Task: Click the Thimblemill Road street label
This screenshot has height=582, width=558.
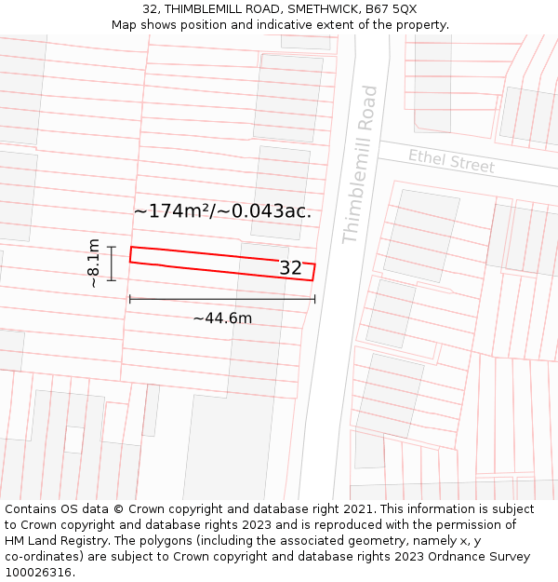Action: click(x=360, y=165)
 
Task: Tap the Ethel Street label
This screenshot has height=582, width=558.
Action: click(x=451, y=160)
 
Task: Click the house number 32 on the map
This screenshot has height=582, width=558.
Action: click(x=291, y=268)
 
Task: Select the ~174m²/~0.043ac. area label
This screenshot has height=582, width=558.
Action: click(x=222, y=211)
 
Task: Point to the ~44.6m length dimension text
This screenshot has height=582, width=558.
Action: click(x=222, y=318)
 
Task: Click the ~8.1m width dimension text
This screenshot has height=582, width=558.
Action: click(x=93, y=263)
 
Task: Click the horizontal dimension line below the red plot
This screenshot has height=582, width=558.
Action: click(x=222, y=299)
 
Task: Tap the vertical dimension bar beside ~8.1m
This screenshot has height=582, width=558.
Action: click(x=112, y=263)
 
